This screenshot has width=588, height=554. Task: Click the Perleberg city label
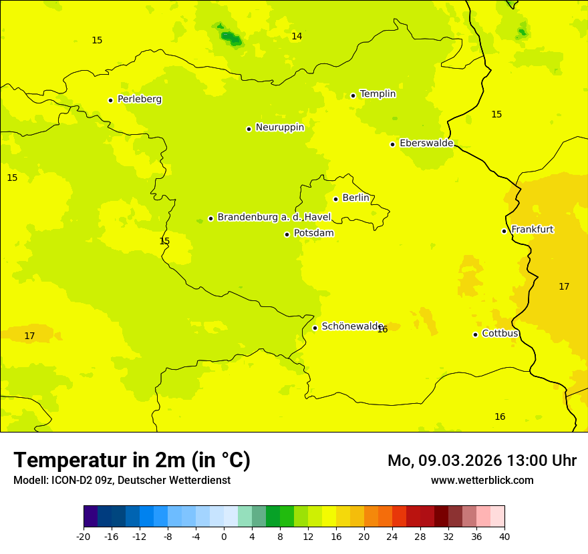click(139, 99)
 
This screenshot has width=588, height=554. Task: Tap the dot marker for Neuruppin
click(249, 129)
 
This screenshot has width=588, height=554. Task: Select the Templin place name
click(378, 94)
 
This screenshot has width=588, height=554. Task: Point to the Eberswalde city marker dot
click(392, 144)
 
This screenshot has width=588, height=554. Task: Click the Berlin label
click(355, 198)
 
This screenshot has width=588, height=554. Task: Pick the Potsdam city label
click(313, 233)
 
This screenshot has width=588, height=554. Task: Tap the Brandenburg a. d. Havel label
click(274, 218)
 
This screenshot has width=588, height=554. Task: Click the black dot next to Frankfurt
click(504, 231)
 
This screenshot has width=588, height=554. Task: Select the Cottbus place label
click(500, 334)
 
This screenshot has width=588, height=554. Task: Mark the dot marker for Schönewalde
click(315, 328)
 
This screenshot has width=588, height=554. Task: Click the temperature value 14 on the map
click(297, 36)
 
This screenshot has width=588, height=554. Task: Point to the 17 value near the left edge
click(29, 336)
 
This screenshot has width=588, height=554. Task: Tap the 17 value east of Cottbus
click(564, 286)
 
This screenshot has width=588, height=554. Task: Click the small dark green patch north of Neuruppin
click(231, 37)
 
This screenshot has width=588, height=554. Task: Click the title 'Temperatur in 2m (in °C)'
click(132, 460)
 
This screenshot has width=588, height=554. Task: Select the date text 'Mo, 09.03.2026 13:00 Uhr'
click(482, 461)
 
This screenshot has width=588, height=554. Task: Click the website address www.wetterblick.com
click(482, 480)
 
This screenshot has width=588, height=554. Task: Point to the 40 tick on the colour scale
click(504, 536)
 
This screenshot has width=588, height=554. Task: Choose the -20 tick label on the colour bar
click(84, 536)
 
